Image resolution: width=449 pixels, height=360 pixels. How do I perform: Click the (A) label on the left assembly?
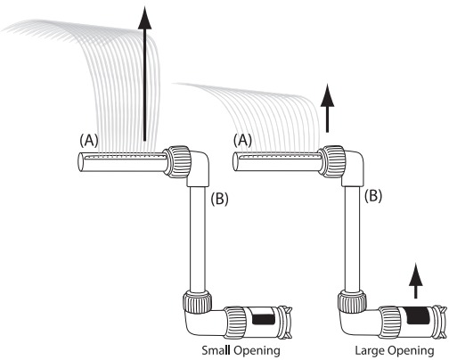point(89,141)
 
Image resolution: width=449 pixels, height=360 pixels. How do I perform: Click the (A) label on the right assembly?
point(242,141)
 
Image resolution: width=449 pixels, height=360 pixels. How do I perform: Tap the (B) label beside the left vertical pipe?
point(219,199)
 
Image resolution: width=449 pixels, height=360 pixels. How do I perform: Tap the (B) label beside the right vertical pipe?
point(373,196)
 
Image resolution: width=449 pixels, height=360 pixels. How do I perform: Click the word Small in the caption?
point(216,350)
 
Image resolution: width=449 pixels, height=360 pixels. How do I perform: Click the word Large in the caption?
point(369,350)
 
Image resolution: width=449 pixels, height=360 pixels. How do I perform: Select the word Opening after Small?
point(257,351)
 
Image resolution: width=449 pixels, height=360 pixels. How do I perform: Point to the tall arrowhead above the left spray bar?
point(144,19)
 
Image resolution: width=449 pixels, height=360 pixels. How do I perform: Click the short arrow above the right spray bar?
point(327,108)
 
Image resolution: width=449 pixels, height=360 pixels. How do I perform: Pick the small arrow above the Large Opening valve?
point(416,281)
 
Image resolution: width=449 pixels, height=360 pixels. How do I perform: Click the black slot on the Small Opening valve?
point(263,319)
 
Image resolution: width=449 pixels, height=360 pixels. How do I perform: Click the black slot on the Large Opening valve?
point(418,315)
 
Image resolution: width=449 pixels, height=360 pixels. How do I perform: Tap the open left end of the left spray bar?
point(81,162)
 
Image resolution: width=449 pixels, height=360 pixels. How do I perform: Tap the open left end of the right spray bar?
point(235,162)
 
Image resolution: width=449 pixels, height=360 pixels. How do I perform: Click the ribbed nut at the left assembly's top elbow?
point(177,161)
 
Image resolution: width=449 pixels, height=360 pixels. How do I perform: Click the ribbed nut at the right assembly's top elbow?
point(332,161)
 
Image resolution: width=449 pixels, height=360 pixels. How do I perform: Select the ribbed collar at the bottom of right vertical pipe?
point(352,302)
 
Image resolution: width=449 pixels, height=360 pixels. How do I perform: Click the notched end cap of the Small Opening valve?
point(285,323)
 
